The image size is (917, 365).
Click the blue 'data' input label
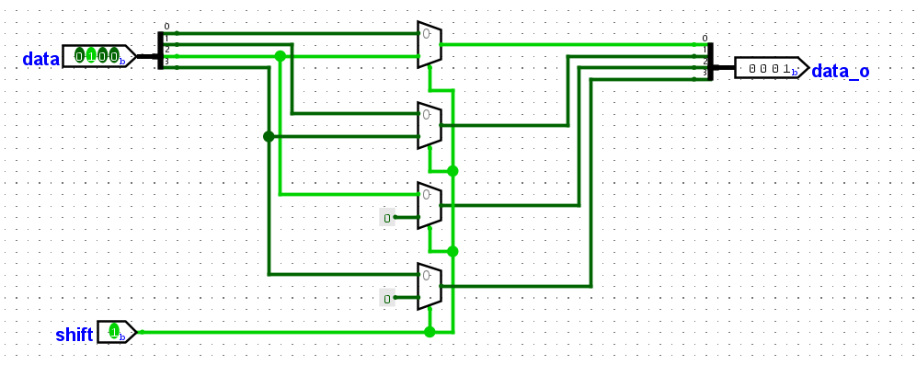(40, 59)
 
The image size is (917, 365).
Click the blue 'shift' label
(74, 335)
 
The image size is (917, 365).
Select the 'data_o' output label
(840, 70)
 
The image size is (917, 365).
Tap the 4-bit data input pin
(97, 57)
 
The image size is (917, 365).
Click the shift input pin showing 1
(116, 332)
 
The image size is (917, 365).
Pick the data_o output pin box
(771, 68)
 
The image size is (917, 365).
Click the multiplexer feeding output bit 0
(430, 44)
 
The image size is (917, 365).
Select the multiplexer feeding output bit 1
(430, 125)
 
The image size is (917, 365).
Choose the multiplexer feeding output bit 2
(430, 205)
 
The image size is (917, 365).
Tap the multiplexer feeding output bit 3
(430, 286)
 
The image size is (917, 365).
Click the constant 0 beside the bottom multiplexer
(387, 298)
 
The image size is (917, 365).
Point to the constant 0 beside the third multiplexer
(387, 218)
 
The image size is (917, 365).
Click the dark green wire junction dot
(269, 136)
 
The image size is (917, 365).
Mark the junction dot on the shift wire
(430, 332)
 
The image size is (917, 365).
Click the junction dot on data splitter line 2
(281, 56)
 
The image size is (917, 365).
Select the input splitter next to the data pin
(160, 51)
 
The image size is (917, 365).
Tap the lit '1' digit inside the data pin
(90, 57)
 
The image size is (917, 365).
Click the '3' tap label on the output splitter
(705, 73)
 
